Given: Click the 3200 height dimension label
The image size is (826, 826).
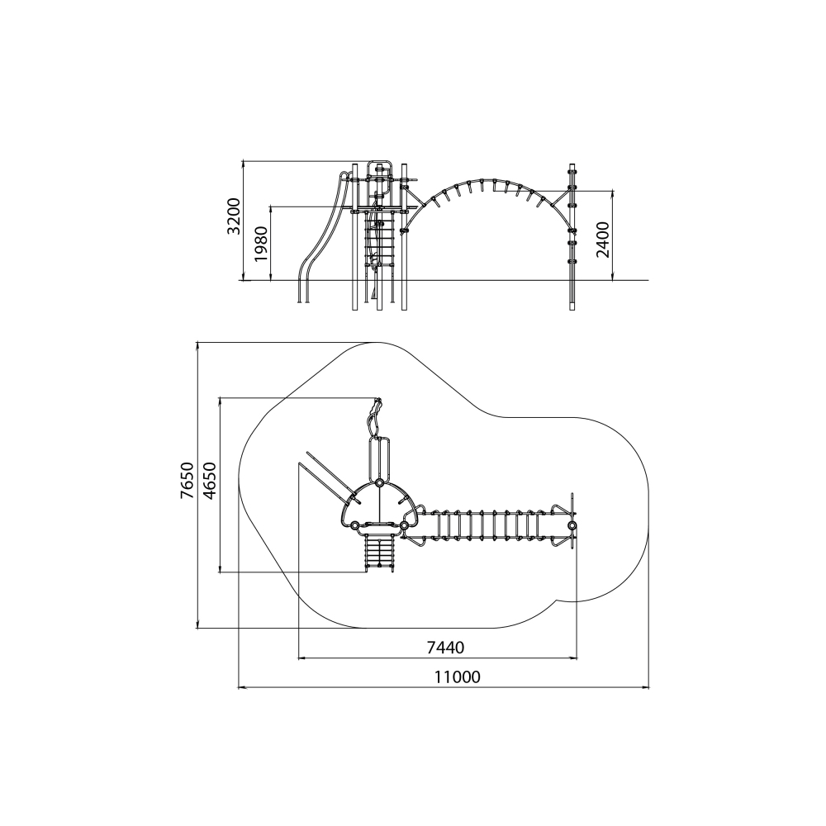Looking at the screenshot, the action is pyautogui.click(x=234, y=216).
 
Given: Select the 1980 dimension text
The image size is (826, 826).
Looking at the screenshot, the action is pyautogui.click(x=261, y=244).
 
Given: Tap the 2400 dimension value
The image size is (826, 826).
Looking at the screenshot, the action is pyautogui.click(x=603, y=240).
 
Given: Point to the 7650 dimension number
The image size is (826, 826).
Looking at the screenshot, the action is pyautogui.click(x=187, y=481).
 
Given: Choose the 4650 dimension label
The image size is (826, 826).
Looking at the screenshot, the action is pyautogui.click(x=209, y=481).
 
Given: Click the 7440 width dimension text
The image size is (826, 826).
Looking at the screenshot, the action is pyautogui.click(x=446, y=647).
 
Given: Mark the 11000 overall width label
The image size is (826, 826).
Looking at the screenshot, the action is pyautogui.click(x=458, y=676).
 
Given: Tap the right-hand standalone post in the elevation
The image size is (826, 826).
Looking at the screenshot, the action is pyautogui.click(x=572, y=237).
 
